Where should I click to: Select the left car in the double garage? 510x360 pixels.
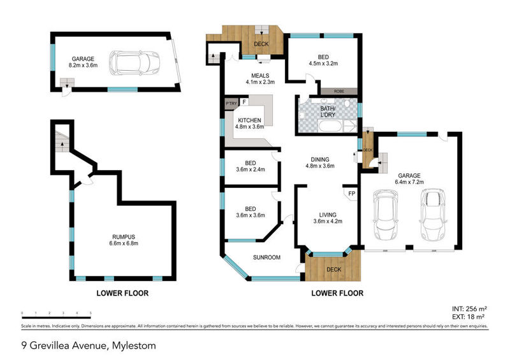386,217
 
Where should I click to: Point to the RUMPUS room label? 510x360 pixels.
121,236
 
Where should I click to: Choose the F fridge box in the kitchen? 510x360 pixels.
244,102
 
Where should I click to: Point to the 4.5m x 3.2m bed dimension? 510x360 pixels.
322,63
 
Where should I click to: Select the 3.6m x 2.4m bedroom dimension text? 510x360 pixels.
249,169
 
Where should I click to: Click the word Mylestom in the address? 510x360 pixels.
134,346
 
